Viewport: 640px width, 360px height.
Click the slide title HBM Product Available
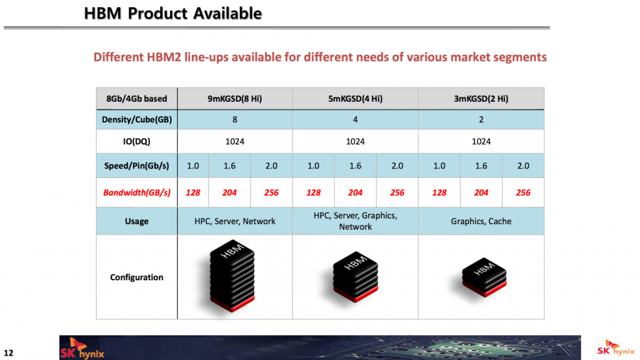pyautogui.click(x=173, y=14)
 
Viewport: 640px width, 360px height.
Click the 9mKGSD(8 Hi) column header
pyautogui.click(x=235, y=99)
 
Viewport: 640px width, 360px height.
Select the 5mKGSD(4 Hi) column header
pyautogui.click(x=355, y=99)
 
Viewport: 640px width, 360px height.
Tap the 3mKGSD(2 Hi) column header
pyautogui.click(x=481, y=99)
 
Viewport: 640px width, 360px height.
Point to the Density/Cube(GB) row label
pyautogui.click(x=137, y=120)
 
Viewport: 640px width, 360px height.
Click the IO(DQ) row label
pyautogui.click(x=137, y=142)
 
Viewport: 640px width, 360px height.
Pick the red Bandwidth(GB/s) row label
pyautogui.click(x=137, y=193)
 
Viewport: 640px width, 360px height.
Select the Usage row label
pyautogui.click(x=137, y=221)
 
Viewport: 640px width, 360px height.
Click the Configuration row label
pyautogui.click(x=137, y=277)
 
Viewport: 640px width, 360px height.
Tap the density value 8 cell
pyautogui.click(x=235, y=120)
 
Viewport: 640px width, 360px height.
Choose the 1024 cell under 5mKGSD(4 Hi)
pyautogui.click(x=355, y=142)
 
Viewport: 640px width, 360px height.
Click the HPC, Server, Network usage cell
pyautogui.click(x=235, y=221)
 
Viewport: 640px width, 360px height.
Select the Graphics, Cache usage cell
pyautogui.click(x=481, y=221)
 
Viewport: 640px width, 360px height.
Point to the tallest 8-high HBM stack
pyautogui.click(x=232, y=275)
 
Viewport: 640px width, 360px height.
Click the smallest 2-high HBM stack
pyautogui.click(x=484, y=277)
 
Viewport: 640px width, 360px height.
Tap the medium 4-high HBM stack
pyautogui.click(x=355, y=277)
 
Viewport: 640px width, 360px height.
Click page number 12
pyautogui.click(x=8, y=353)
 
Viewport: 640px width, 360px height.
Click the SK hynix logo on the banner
pyautogui.click(x=82, y=349)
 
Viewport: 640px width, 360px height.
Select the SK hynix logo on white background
pyautogui.click(x=616, y=347)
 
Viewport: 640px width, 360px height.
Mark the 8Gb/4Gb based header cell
pyautogui.click(x=137, y=99)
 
